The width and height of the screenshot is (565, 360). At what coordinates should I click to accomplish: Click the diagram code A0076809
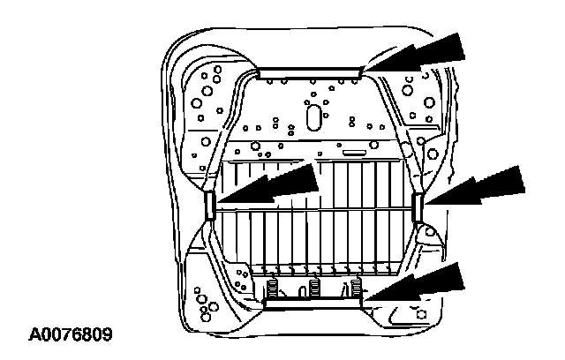click(x=72, y=335)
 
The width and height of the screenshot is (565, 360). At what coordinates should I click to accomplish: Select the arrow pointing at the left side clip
click(x=274, y=186)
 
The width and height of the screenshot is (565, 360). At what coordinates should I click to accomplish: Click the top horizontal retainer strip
click(x=309, y=71)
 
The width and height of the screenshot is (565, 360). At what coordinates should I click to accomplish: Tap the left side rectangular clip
click(x=209, y=206)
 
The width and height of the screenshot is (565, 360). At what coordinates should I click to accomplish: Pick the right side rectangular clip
click(x=416, y=207)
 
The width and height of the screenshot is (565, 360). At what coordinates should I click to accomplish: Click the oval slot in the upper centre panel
click(x=312, y=117)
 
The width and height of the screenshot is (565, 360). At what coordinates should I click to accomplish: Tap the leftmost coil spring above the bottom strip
click(x=273, y=287)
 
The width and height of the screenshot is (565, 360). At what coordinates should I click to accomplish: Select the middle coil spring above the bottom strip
click(x=314, y=289)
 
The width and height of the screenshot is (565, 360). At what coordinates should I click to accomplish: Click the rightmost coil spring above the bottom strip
click(x=356, y=287)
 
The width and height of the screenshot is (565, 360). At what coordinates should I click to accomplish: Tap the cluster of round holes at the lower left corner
click(x=207, y=309)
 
